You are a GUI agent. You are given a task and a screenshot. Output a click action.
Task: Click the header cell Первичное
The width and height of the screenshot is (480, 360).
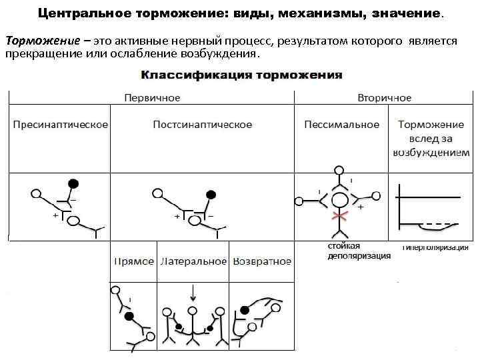pos(152,98)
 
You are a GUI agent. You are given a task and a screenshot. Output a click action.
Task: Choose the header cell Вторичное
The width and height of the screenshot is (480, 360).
pos(384,98)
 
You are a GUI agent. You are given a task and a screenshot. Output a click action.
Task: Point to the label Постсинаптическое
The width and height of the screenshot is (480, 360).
pos(202,125)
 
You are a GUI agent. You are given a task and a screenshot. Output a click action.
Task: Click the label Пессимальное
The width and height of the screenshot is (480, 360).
pos(341,125)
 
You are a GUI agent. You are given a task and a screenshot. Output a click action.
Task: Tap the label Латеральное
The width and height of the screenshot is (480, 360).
pos(193,261)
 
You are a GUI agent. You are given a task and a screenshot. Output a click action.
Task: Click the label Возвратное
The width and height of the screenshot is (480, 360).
pos(261,261)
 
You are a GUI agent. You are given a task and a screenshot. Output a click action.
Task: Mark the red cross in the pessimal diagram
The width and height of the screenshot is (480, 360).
pos(341,217)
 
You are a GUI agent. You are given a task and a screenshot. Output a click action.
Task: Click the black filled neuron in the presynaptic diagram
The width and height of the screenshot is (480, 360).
pos(74,183)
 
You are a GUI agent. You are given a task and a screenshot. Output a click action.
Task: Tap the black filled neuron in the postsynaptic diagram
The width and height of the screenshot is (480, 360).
pos(211,195)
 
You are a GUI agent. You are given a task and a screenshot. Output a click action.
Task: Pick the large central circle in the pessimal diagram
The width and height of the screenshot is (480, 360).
pos(341,199)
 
